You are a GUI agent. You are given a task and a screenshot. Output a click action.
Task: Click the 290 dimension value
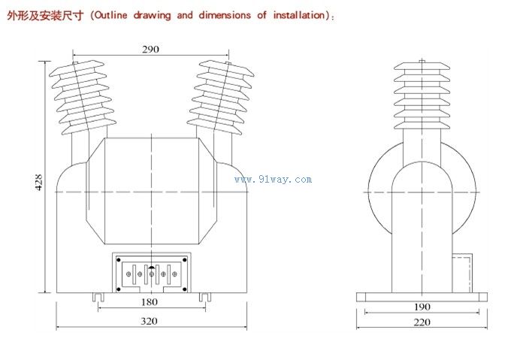pos(150,50)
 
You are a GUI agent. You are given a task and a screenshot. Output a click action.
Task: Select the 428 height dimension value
pos(39,182)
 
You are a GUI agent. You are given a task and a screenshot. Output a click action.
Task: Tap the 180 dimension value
pos(150,302)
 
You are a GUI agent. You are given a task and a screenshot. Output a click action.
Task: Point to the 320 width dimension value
pos(149,321)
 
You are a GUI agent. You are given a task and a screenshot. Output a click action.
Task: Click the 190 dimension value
pos(422,307)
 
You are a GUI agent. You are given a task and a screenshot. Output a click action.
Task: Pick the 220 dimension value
pos(422,322)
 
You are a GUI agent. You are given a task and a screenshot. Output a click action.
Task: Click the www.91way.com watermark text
pos(273,180)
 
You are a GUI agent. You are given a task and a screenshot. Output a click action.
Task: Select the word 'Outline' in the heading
pos(110,15)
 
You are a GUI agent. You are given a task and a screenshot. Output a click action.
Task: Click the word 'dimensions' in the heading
pos(225,15)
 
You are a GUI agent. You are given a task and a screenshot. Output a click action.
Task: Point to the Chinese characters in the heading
pos(45,16)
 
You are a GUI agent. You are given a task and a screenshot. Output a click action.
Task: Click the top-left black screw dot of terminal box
pos(119,260)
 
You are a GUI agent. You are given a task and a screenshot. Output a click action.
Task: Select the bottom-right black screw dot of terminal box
pos(185,289)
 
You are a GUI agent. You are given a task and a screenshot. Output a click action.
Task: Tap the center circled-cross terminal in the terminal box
pos(152,274)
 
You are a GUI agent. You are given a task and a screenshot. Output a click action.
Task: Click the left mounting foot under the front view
pos(98,298)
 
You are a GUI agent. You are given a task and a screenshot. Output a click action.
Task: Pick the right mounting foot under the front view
pos(205,298)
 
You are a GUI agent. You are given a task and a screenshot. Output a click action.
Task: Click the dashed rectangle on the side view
pos(462,274)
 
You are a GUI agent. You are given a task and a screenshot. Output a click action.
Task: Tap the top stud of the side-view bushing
pos(422,61)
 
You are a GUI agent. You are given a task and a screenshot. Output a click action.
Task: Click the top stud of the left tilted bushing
pos(75,62)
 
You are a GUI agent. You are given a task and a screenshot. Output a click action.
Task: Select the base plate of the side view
pos(422,297)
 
